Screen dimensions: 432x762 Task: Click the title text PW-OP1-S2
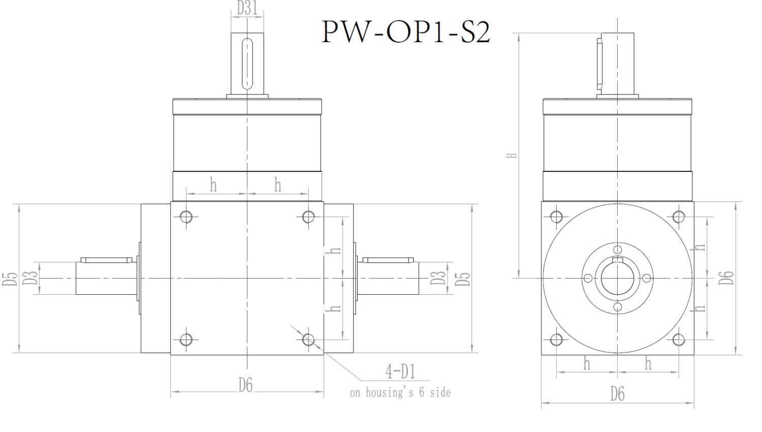(x=406, y=32)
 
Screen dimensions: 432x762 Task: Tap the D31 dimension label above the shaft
(x=247, y=8)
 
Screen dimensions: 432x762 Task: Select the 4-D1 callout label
(x=400, y=372)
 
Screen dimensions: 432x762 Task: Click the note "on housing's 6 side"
(x=400, y=392)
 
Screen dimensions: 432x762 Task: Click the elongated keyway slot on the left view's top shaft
(x=247, y=63)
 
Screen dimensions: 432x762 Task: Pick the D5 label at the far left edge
(x=11, y=279)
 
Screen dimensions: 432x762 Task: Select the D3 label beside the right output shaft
(x=438, y=278)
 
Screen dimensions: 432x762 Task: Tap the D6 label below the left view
(x=246, y=386)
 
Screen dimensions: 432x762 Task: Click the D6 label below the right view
(x=617, y=394)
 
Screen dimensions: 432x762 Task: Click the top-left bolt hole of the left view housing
(x=186, y=217)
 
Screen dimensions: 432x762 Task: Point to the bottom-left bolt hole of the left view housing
(x=186, y=339)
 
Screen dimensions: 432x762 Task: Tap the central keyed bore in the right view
(x=617, y=278)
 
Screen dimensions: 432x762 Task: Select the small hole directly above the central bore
(x=617, y=249)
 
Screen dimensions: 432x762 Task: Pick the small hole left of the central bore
(x=588, y=278)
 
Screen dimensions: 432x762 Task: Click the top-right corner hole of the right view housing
(x=678, y=217)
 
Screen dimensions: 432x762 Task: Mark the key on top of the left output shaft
(x=106, y=260)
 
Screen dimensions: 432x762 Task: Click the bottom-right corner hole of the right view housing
(x=678, y=339)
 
